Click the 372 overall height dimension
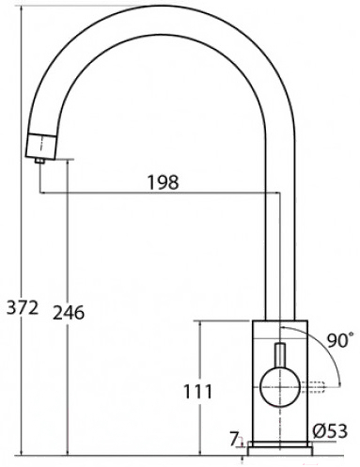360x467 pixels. click(x=23, y=307)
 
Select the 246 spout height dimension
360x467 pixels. click(x=69, y=312)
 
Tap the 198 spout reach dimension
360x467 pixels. click(x=163, y=182)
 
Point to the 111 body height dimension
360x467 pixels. click(x=197, y=391)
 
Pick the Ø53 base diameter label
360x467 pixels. click(x=330, y=430)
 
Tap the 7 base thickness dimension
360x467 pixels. click(x=234, y=439)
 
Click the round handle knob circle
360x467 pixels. click(x=280, y=387)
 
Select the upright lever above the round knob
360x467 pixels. click(x=280, y=355)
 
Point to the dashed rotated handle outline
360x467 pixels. click(x=313, y=387)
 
